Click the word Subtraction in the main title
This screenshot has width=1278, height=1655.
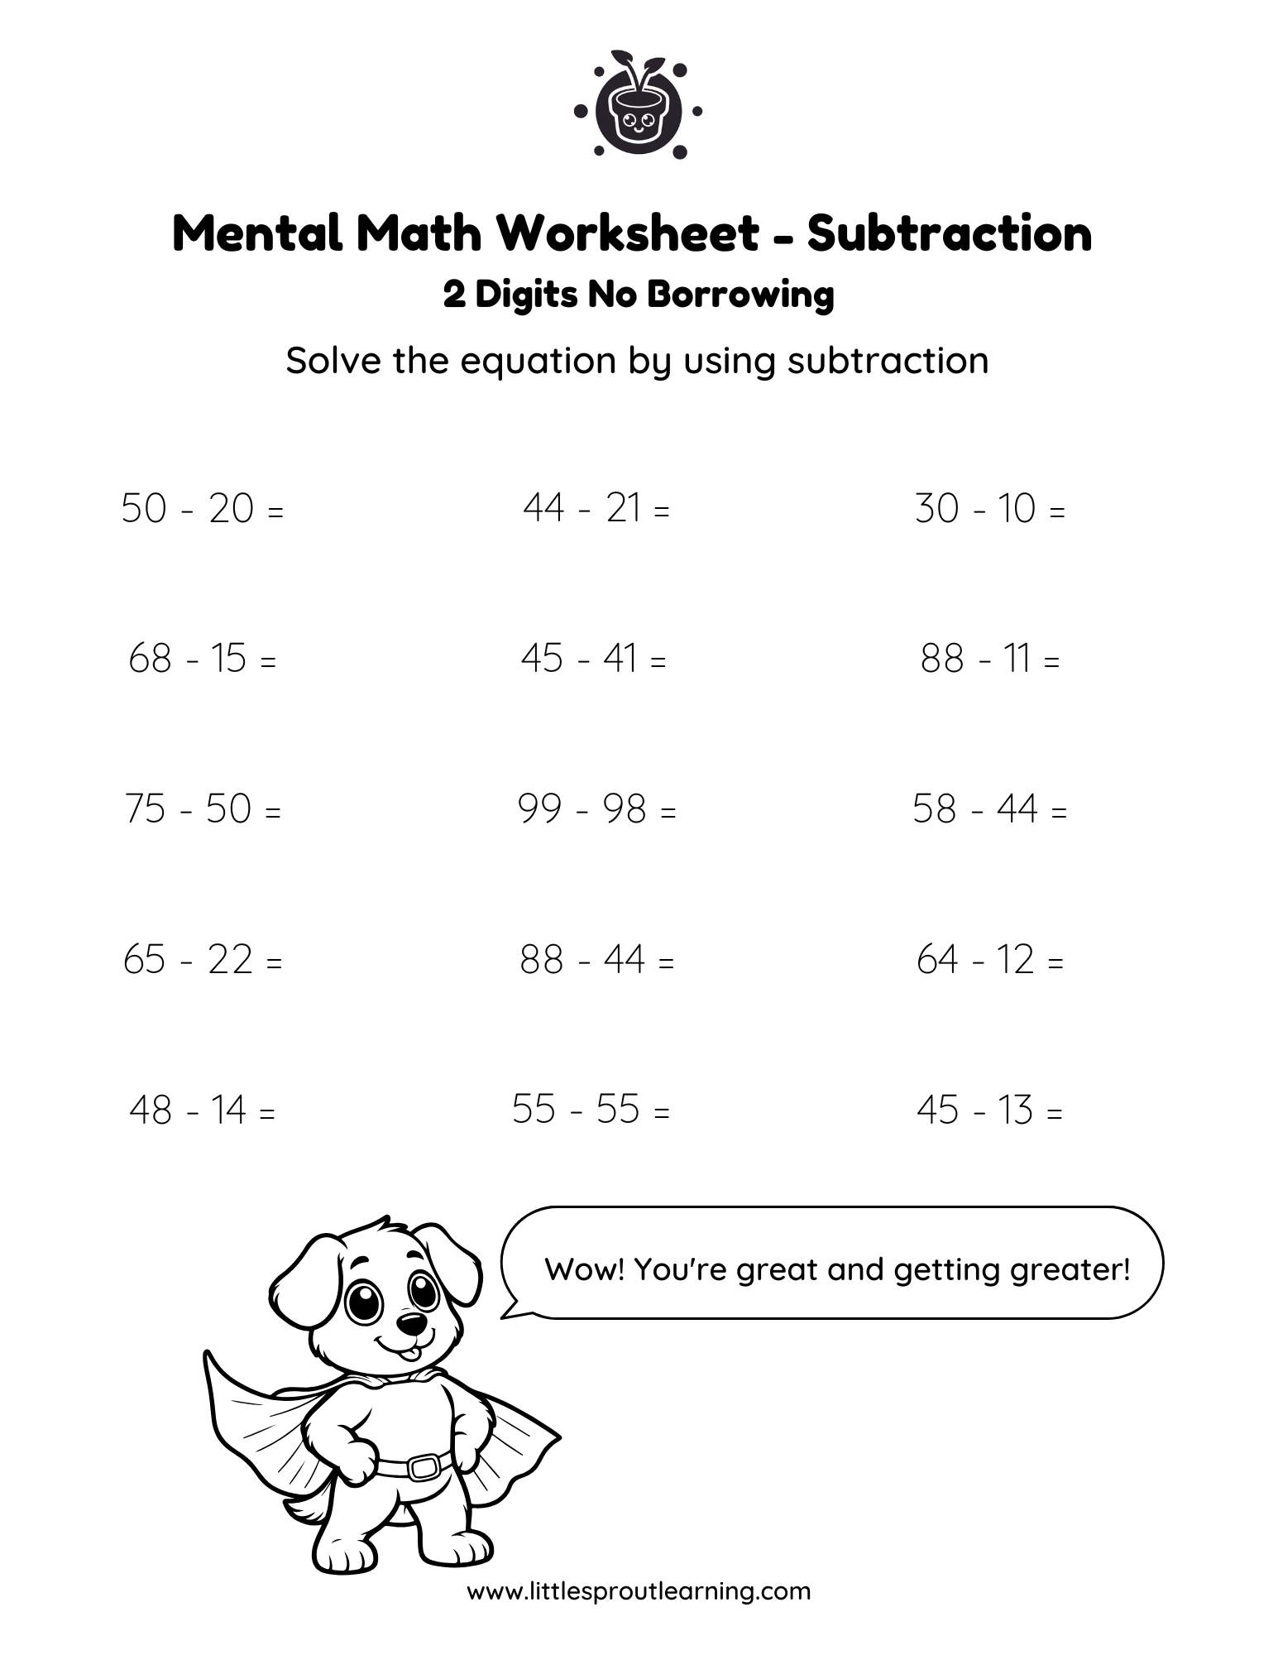coord(949,233)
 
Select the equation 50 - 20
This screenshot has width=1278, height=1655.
coord(202,508)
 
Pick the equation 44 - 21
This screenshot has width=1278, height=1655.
coord(596,508)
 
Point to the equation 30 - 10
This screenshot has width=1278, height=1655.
coord(989,508)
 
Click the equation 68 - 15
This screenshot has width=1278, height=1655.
coord(202,660)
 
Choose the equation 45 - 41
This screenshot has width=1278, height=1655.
coord(593,660)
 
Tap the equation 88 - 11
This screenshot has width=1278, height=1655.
coord(989,660)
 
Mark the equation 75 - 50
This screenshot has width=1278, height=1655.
coord(203,809)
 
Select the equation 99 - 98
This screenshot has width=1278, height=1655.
coord(596,809)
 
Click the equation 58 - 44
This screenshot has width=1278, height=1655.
coord(989,809)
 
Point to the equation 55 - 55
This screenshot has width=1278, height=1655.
coord(591,1110)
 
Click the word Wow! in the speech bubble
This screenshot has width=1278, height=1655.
coord(585,1269)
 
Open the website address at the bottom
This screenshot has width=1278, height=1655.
coord(639,1591)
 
